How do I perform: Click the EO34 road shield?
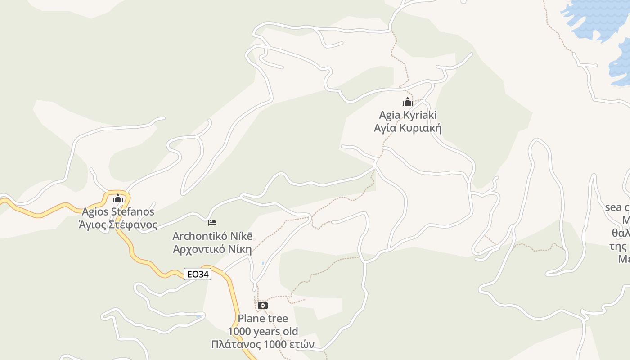[198, 274]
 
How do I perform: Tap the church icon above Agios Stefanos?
[118, 198]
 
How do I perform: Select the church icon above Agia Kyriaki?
[408, 102]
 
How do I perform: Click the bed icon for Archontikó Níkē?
[212, 222]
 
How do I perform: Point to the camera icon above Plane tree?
[263, 306]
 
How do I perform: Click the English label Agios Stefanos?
[118, 211]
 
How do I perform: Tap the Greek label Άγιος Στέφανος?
[118, 225]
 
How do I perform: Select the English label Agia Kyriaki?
[408, 115]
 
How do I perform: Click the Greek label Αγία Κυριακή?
[408, 128]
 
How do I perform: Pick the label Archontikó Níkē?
[212, 236]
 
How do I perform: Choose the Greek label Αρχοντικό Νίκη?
[212, 249]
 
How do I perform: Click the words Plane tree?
[263, 319]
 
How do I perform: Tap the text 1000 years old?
[263, 332]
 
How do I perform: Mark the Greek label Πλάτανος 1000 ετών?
[263, 345]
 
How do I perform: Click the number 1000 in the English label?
[241, 332]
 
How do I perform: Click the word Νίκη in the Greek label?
[241, 249]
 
